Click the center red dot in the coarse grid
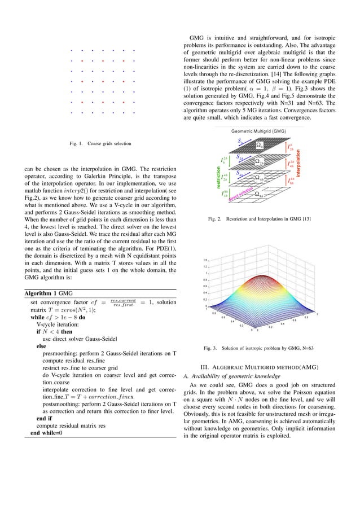(x=102, y=81)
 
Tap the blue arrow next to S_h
(x=245, y=142)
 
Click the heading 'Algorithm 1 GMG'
(x=46, y=293)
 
